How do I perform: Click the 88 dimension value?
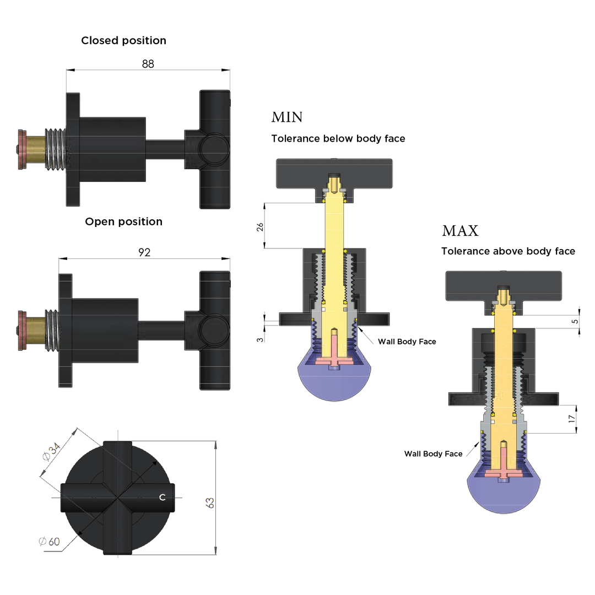tap(148, 63)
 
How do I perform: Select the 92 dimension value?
tap(144, 252)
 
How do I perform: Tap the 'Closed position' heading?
tap(123, 40)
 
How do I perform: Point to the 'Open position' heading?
tap(123, 221)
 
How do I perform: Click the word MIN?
tap(286, 117)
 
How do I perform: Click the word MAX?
tap(460, 230)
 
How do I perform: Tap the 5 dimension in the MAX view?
tap(575, 321)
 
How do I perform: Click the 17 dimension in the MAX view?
tap(572, 419)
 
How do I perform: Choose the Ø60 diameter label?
tap(50, 541)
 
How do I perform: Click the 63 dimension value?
tap(210, 502)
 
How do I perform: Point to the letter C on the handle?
tap(162, 497)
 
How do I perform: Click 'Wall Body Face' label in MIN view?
tap(407, 342)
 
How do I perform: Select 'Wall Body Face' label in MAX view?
tap(433, 453)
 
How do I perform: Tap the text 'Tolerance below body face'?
tap(338, 138)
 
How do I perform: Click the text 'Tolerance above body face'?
tap(508, 251)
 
